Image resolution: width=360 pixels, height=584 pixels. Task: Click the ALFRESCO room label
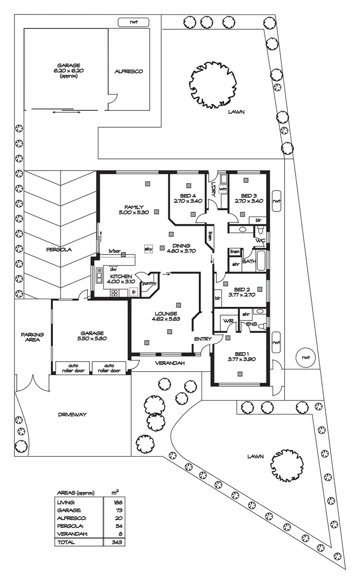pos(129,72)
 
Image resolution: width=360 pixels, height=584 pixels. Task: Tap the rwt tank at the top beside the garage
pos(133,22)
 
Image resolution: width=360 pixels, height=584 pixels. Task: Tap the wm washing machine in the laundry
pos(222,189)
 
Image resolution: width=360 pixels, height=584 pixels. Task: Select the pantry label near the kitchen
pos(149,283)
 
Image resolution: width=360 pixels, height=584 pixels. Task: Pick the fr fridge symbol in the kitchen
pos(134,292)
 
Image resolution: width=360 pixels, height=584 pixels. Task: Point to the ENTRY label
pos(203,339)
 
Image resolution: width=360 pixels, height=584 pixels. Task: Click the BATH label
pos(248,262)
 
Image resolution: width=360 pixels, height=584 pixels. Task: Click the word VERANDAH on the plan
pos(170,363)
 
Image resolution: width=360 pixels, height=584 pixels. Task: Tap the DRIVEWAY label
pos(72,414)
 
